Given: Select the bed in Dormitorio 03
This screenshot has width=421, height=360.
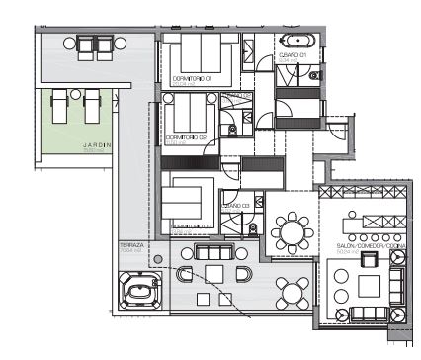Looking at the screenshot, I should tap(186, 202).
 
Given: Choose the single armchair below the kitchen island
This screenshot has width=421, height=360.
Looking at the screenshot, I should tap(369, 260).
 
